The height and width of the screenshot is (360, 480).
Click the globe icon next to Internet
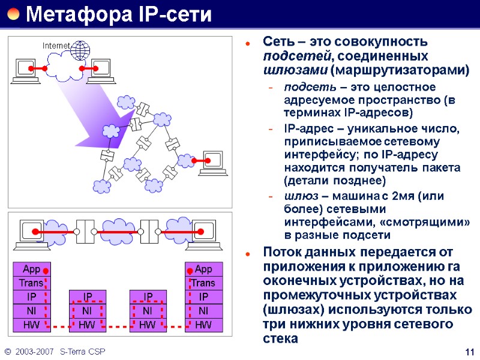(80, 50)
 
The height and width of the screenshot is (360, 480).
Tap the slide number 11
(470, 352)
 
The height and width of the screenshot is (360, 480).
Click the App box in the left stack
(31, 269)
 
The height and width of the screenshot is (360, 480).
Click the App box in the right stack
(204, 269)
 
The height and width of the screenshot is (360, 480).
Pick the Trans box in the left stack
(31, 283)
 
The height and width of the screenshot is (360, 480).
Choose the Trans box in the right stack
(203, 283)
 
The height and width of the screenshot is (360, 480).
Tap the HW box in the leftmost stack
(31, 325)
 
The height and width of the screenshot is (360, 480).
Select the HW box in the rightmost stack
(203, 325)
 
